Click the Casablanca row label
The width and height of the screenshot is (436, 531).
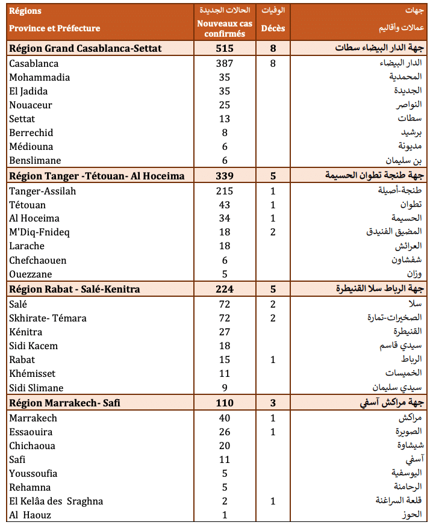pyautogui.click(x=34, y=63)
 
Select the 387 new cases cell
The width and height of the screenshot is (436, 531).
pyautogui.click(x=225, y=63)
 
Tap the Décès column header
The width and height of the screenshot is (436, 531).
pyautogui.click(x=273, y=28)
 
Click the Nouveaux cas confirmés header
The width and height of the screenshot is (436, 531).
pyautogui.click(x=225, y=28)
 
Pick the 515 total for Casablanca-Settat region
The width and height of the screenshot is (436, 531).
pyautogui.click(x=225, y=48)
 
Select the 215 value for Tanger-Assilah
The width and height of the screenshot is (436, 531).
pyautogui.click(x=225, y=191)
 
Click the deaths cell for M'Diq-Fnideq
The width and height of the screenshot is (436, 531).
pyautogui.click(x=273, y=232)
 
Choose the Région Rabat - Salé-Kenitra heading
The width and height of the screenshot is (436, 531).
pyautogui.click(x=75, y=289)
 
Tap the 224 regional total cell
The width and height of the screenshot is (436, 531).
pyautogui.click(x=225, y=289)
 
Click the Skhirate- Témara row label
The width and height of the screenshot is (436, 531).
pyautogui.click(x=48, y=318)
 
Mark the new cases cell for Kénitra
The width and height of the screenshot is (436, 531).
pyautogui.click(x=225, y=332)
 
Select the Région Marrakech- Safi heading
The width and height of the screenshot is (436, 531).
pyautogui.click(x=64, y=403)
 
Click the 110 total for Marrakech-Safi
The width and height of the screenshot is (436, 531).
pyautogui.click(x=225, y=403)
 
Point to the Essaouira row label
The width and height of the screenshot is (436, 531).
pyautogui.click(x=31, y=432)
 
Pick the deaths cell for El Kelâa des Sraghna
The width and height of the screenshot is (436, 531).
pyautogui.click(x=273, y=501)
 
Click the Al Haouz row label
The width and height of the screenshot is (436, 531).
pyautogui.click(x=30, y=515)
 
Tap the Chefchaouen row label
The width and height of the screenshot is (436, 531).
pyautogui.click(x=38, y=260)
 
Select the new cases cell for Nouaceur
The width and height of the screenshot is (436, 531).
pyautogui.click(x=225, y=105)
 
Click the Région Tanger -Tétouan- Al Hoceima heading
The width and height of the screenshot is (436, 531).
pyautogui.click(x=96, y=175)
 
